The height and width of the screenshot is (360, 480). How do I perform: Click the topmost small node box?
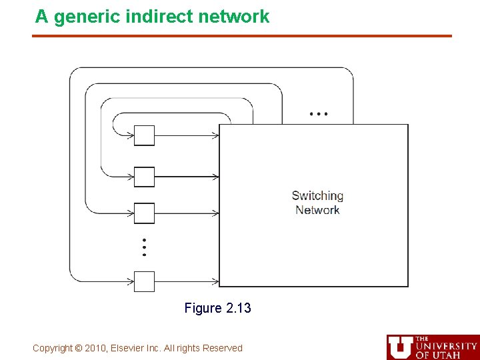(x=144, y=135)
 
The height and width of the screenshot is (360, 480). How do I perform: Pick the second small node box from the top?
(x=144, y=177)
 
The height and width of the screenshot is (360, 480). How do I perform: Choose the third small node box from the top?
(x=144, y=213)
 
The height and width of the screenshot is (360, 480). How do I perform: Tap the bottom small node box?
(x=144, y=281)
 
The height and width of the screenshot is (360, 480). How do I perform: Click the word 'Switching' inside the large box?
(x=317, y=196)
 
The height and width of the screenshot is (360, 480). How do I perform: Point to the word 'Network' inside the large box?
(x=317, y=210)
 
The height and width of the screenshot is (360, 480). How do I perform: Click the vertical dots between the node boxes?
(x=144, y=247)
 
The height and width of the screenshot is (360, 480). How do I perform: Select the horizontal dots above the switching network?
(x=319, y=114)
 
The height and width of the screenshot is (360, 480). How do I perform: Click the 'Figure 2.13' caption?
(x=218, y=308)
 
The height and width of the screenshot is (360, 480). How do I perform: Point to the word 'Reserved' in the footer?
(x=224, y=348)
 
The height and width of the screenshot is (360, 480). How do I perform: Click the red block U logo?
(x=400, y=347)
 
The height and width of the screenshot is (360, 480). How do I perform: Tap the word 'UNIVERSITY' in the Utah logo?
(x=446, y=346)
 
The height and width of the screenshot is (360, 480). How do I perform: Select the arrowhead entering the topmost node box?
(x=131, y=135)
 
